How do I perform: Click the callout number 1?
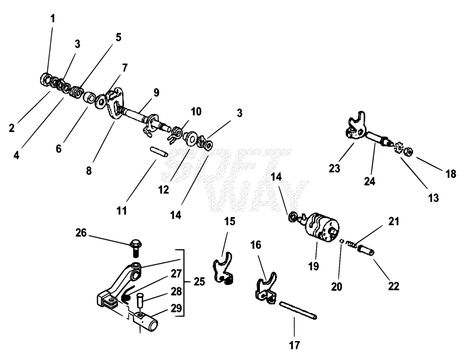53,19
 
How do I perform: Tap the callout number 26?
81,233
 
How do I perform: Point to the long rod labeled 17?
298,310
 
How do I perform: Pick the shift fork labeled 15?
224,268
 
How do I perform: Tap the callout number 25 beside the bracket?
199,282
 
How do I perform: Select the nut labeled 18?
409,152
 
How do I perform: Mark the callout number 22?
394,286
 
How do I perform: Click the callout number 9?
156,92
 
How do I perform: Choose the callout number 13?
433,198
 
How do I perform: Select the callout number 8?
89,171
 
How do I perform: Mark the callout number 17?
295,345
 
